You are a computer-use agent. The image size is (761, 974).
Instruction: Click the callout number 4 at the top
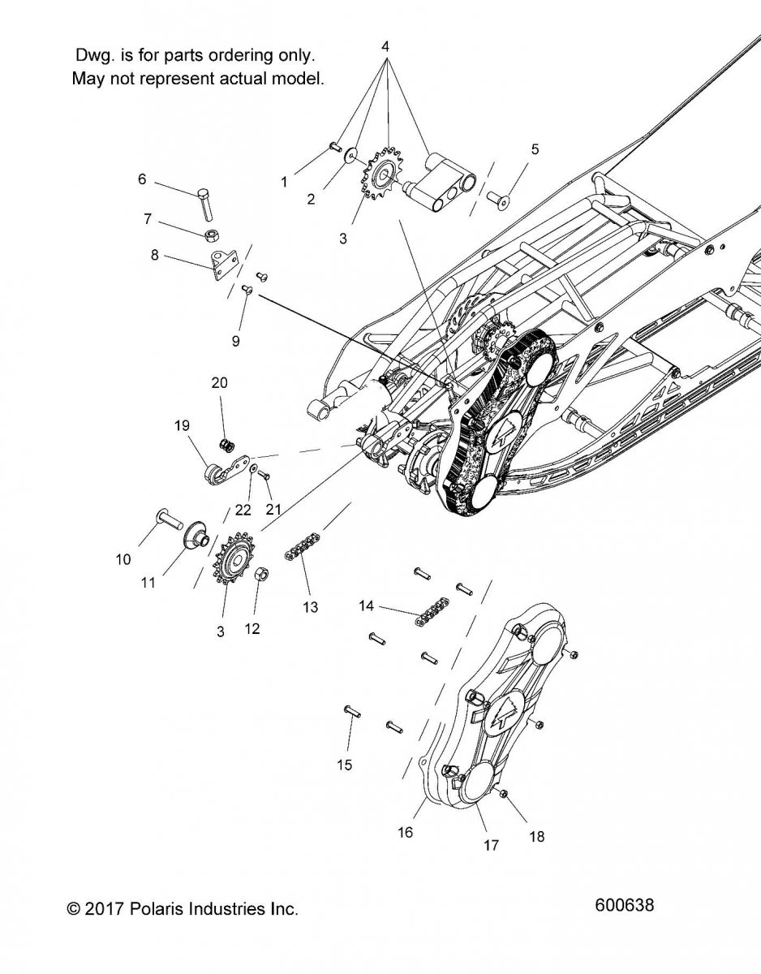385,46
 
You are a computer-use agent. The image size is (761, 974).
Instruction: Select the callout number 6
142,179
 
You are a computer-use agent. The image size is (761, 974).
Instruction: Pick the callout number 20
220,382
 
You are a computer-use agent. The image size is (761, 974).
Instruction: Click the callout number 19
181,425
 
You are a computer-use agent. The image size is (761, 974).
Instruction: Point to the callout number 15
345,765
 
